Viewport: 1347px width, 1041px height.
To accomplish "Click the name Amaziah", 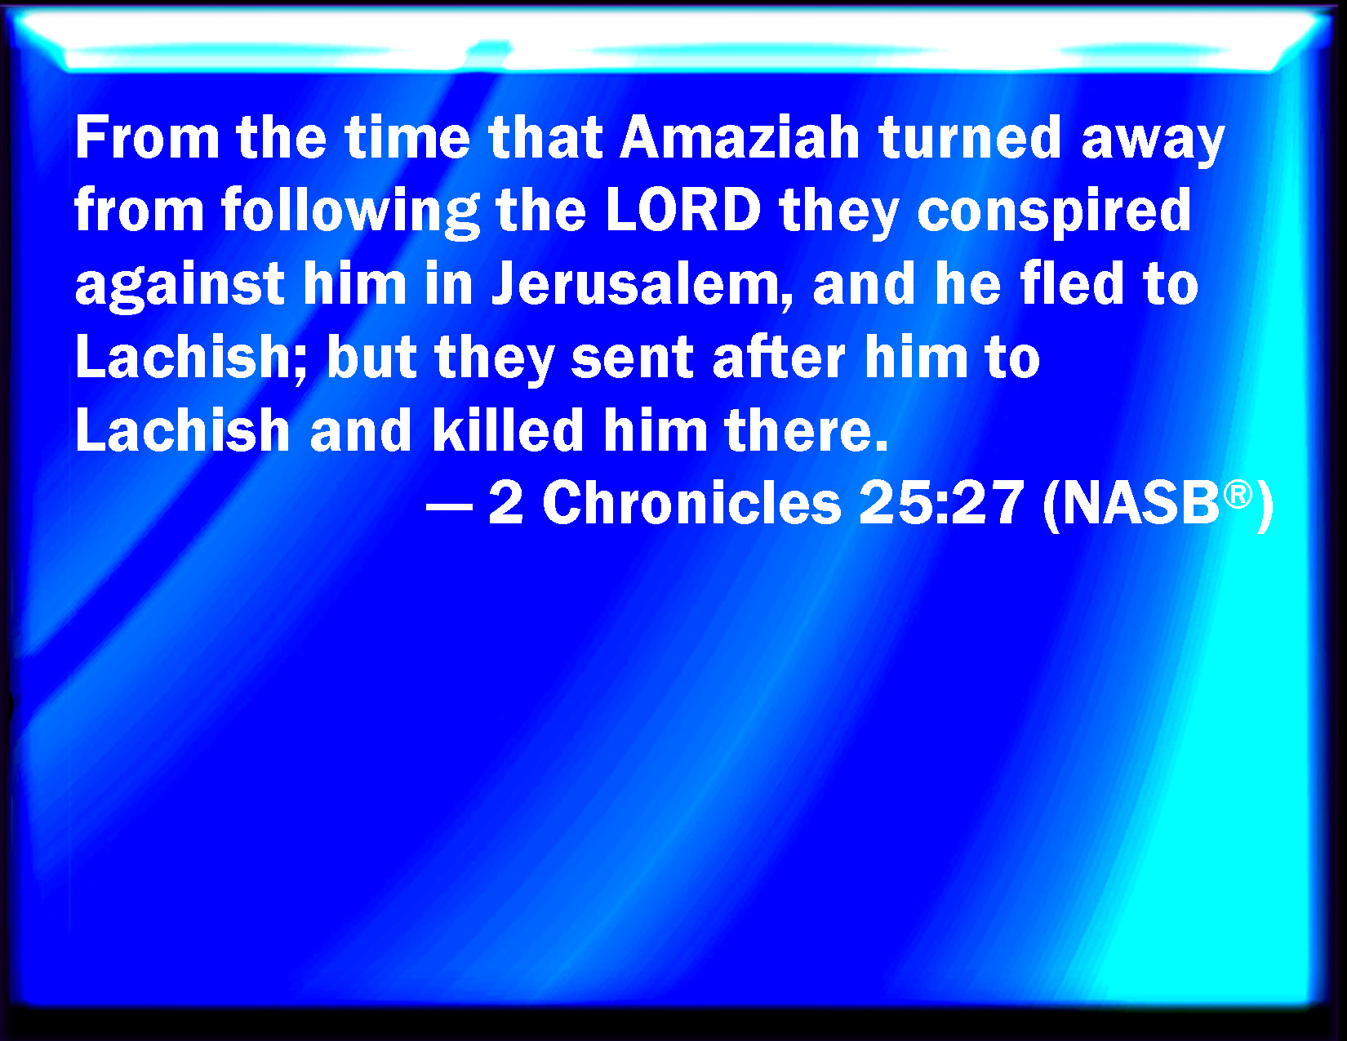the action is point(740,138).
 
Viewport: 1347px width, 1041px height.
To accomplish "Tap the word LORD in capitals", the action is point(684,210).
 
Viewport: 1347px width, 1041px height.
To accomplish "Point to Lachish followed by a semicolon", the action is point(191,357).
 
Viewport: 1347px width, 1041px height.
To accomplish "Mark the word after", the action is point(779,357).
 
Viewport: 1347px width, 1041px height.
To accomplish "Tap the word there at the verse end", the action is point(807,429).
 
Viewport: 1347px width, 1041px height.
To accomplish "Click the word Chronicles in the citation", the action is point(692,503).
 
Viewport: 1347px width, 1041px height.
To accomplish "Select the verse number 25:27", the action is point(941,503).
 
